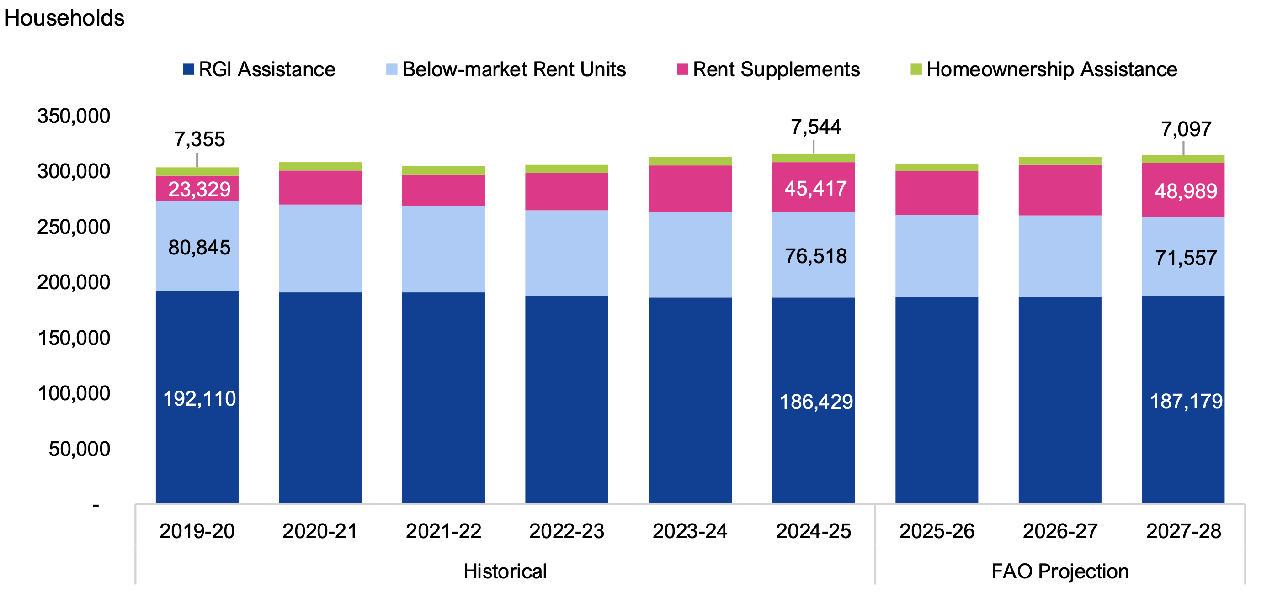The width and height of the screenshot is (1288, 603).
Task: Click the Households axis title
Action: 64,18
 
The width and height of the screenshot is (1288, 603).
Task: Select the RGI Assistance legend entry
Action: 259,69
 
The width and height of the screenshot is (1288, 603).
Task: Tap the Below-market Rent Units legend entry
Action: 506,69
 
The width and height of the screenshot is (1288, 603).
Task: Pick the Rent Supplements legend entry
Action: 768,69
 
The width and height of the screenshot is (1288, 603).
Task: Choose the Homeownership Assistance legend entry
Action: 1043,69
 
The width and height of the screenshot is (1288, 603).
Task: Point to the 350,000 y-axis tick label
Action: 74,116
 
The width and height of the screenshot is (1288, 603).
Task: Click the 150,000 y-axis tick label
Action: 74,338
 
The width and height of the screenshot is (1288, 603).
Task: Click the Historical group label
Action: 505,571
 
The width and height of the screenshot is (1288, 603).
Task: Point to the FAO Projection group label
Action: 1059,571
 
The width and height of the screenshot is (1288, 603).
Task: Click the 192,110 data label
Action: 199,399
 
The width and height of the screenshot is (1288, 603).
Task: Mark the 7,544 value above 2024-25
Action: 815,127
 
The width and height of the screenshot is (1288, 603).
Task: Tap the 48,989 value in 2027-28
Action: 1186,191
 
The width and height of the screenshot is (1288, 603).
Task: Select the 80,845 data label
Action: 199,247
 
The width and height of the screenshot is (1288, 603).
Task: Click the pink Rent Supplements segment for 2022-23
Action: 566,192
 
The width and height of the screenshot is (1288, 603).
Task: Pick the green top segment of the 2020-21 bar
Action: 320,166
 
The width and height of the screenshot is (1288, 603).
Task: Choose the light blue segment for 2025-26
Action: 937,256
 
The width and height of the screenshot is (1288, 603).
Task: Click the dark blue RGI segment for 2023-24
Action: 690,400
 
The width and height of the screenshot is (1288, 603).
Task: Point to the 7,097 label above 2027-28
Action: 1186,129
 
